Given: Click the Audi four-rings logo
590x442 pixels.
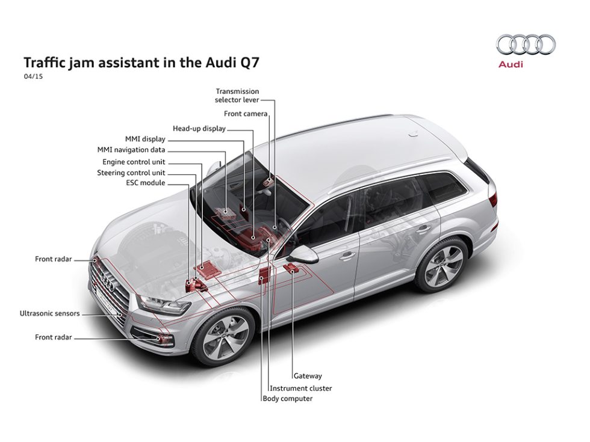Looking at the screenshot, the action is tap(526, 45).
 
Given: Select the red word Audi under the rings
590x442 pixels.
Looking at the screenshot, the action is tap(511, 64).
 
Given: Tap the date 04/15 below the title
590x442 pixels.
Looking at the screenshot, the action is tap(33, 76).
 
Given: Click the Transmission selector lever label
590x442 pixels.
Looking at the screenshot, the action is tap(237, 96).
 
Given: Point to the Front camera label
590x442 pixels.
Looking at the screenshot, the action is tap(246, 114).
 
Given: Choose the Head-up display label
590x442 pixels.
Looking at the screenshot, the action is tap(199, 129).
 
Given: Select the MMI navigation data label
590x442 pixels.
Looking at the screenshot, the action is tap(131, 150).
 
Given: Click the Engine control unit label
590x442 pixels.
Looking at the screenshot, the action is tap(134, 162).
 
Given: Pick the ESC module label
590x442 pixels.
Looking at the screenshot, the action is tap(146, 183).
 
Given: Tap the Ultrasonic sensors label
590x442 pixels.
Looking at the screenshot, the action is tap(49, 313).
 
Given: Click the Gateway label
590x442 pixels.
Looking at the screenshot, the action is tap(308, 375).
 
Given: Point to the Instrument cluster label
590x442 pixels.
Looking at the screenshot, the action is tap(300, 388).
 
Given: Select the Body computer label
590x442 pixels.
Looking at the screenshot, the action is tap(288, 398).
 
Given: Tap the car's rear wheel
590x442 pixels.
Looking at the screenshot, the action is tap(443, 265).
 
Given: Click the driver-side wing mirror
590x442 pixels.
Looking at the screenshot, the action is tap(303, 254).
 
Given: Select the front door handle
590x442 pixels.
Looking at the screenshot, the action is tap(347, 256).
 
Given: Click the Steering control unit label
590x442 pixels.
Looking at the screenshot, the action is tap(131, 173).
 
